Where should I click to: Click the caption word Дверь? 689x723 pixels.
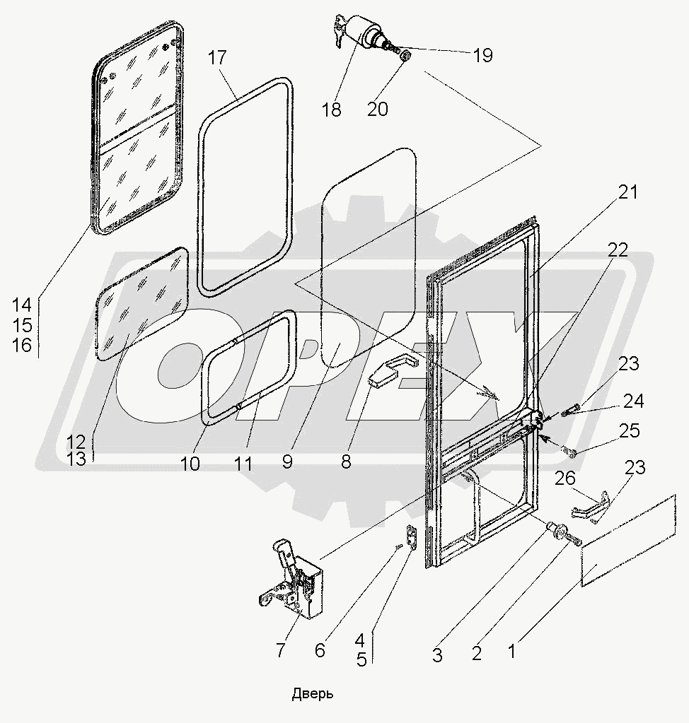tap(312, 694)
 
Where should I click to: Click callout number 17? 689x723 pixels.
tap(217, 58)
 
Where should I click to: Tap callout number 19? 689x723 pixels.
tap(482, 55)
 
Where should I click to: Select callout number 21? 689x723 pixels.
tap(628, 192)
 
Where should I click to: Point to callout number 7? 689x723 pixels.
tap(280, 650)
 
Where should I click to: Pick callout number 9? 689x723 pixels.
tap(287, 462)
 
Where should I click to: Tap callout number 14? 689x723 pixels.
tap(22, 305)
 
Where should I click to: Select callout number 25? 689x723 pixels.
tap(630, 430)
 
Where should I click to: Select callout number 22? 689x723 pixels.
tap(618, 250)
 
